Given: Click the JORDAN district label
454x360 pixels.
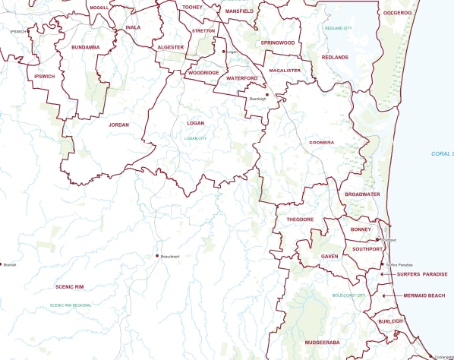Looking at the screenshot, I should (x=119, y=124).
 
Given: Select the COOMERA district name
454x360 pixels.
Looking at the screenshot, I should (x=322, y=142).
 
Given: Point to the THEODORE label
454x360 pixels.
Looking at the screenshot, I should (x=300, y=219).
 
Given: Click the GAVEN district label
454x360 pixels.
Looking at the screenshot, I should (x=329, y=257).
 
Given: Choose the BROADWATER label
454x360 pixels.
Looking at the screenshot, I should (x=362, y=194).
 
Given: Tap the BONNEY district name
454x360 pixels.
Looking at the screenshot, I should (x=360, y=229).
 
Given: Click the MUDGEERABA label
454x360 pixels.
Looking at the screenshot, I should (x=321, y=343).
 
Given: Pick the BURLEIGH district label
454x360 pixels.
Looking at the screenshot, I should (x=389, y=322).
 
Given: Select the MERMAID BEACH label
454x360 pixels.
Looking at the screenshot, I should (x=424, y=295).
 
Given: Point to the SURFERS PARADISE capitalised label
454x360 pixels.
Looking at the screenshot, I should (x=422, y=274).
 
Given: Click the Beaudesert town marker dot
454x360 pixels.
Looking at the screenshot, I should (x=157, y=256).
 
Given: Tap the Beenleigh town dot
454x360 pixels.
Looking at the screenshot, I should (x=267, y=95).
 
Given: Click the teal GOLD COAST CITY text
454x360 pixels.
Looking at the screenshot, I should (x=348, y=295).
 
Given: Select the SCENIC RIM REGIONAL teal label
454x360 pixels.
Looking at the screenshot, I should (x=71, y=305).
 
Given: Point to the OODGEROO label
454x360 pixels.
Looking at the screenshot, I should (x=397, y=12).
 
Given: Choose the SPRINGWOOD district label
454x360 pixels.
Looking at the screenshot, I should (x=277, y=43).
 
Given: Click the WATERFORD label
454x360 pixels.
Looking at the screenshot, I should (x=242, y=78).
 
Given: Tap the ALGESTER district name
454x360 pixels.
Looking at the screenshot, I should (x=170, y=47).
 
